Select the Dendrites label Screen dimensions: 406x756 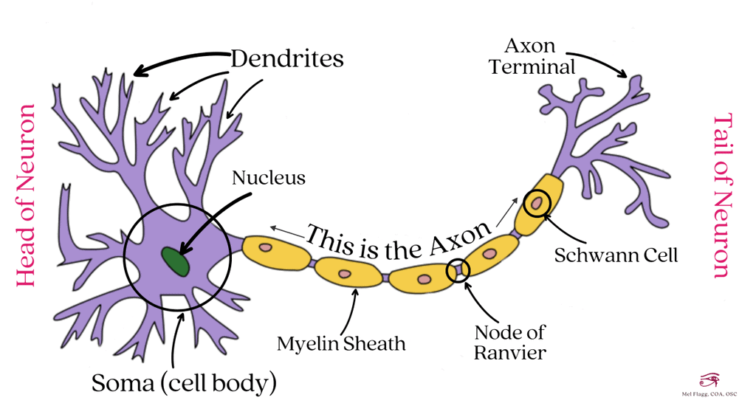click(286, 58)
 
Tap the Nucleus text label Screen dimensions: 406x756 click(268, 179)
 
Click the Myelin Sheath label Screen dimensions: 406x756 click(341, 343)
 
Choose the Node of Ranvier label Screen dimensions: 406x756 click(510, 343)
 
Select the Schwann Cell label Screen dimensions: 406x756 click(616, 255)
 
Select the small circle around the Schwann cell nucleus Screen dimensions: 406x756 click(537, 202)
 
